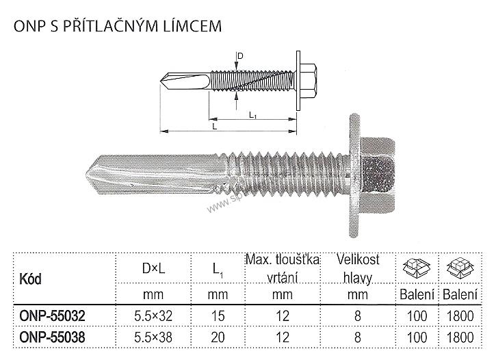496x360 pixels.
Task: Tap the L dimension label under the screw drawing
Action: click(x=214, y=126)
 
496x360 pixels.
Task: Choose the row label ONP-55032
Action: click(x=48, y=317)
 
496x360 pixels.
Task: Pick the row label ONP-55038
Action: click(x=48, y=337)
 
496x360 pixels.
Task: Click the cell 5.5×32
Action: click(x=151, y=317)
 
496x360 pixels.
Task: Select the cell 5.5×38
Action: click(x=151, y=337)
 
